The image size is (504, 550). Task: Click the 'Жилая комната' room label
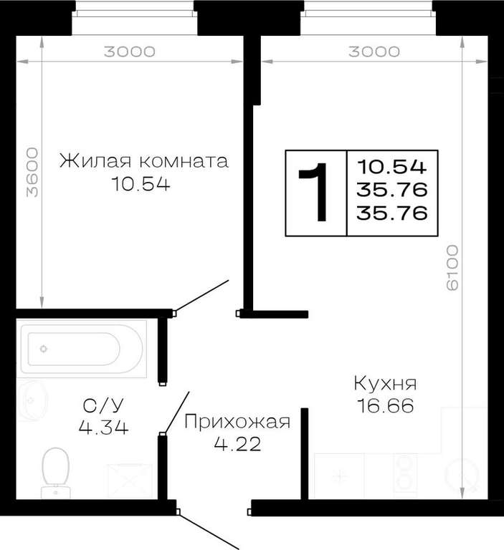click(x=144, y=161)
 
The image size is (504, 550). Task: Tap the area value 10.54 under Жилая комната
click(x=141, y=184)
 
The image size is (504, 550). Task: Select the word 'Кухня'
click(x=385, y=383)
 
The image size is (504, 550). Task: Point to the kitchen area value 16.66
click(x=385, y=406)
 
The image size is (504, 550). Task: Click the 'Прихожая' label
click(x=237, y=422)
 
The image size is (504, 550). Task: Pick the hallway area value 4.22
click(x=237, y=444)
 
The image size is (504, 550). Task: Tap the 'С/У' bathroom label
click(x=103, y=405)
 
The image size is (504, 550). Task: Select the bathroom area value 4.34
click(x=103, y=428)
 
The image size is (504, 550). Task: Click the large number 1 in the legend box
click(x=315, y=192)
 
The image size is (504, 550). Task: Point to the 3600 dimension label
click(x=32, y=172)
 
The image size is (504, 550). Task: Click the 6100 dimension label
click(x=452, y=267)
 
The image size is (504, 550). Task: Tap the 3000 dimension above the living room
click(x=130, y=52)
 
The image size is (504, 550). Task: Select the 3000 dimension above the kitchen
click(x=374, y=52)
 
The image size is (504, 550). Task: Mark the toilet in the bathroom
click(x=55, y=473)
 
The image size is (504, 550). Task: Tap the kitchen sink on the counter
click(x=462, y=474)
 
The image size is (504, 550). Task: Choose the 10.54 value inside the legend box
click(x=391, y=167)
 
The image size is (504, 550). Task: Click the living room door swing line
click(x=201, y=296)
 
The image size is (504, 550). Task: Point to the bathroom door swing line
click(x=176, y=412)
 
